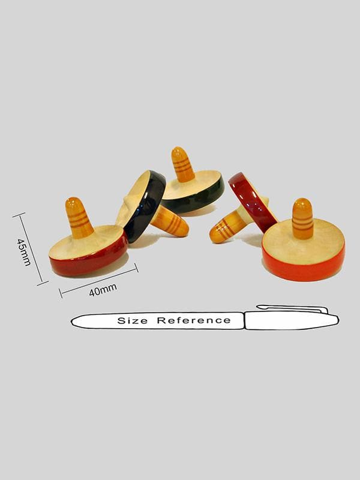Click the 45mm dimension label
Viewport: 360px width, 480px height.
click(x=24, y=252)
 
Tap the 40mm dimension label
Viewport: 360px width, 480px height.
click(x=103, y=290)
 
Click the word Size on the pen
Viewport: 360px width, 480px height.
click(x=132, y=321)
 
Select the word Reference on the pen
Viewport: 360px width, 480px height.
click(x=194, y=320)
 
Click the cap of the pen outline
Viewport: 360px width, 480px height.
click(x=292, y=320)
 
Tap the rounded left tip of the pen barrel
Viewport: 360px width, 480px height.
click(x=74, y=322)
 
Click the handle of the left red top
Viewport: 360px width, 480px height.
click(x=79, y=218)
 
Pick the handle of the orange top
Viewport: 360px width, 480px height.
click(x=302, y=218)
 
